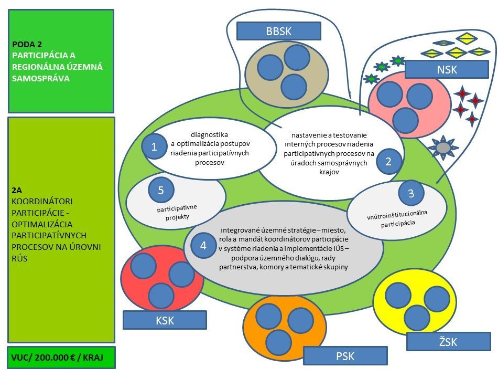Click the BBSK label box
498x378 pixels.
click(x=279, y=31)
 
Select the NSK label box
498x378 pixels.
click(x=447, y=69)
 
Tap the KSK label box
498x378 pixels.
click(x=165, y=320)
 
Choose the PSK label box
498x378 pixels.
click(x=345, y=355)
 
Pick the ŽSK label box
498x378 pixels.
click(x=448, y=341)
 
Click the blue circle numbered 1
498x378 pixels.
click(x=154, y=146)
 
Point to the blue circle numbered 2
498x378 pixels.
click(x=389, y=161)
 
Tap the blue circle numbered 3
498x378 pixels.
click(x=412, y=193)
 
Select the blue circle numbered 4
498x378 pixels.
click(x=203, y=245)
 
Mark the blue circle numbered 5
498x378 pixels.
click(x=161, y=190)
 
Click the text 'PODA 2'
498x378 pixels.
click(x=27, y=44)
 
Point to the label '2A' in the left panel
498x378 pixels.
click(x=17, y=190)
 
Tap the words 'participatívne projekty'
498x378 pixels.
click(x=177, y=213)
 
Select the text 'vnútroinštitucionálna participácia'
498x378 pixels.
click(x=397, y=218)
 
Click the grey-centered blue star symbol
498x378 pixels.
click(x=443, y=148)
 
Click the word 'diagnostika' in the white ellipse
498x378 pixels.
click(x=209, y=134)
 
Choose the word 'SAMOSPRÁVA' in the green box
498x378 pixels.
click(x=41, y=78)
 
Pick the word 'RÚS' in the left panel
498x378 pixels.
click(x=19, y=258)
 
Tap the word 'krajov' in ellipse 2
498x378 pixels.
click(x=329, y=172)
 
